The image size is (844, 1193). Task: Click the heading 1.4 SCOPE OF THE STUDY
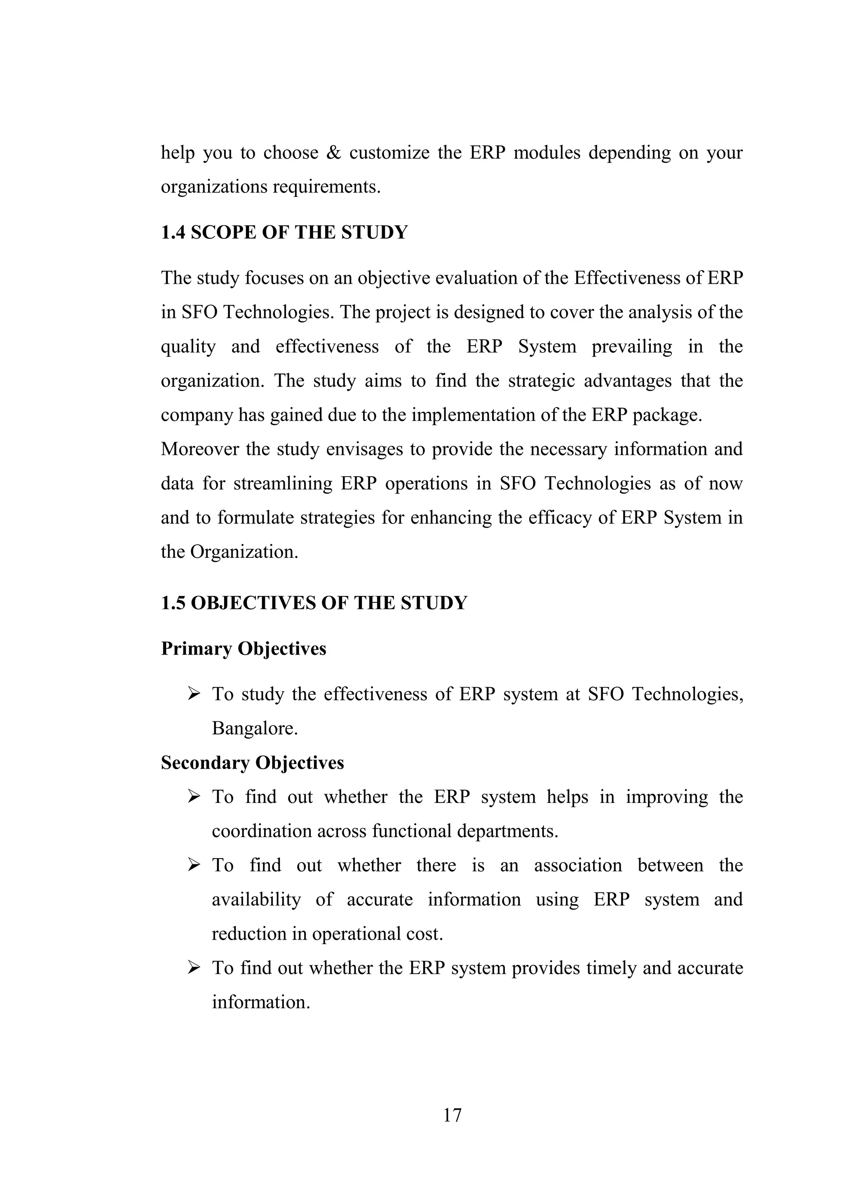(284, 232)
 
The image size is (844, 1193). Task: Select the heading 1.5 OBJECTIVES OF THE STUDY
(314, 603)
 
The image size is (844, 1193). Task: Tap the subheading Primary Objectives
(243, 648)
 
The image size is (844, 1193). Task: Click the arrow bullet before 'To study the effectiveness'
(194, 694)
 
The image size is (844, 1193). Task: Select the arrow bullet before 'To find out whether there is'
(194, 865)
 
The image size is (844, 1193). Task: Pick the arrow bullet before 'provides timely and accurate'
(194, 968)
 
